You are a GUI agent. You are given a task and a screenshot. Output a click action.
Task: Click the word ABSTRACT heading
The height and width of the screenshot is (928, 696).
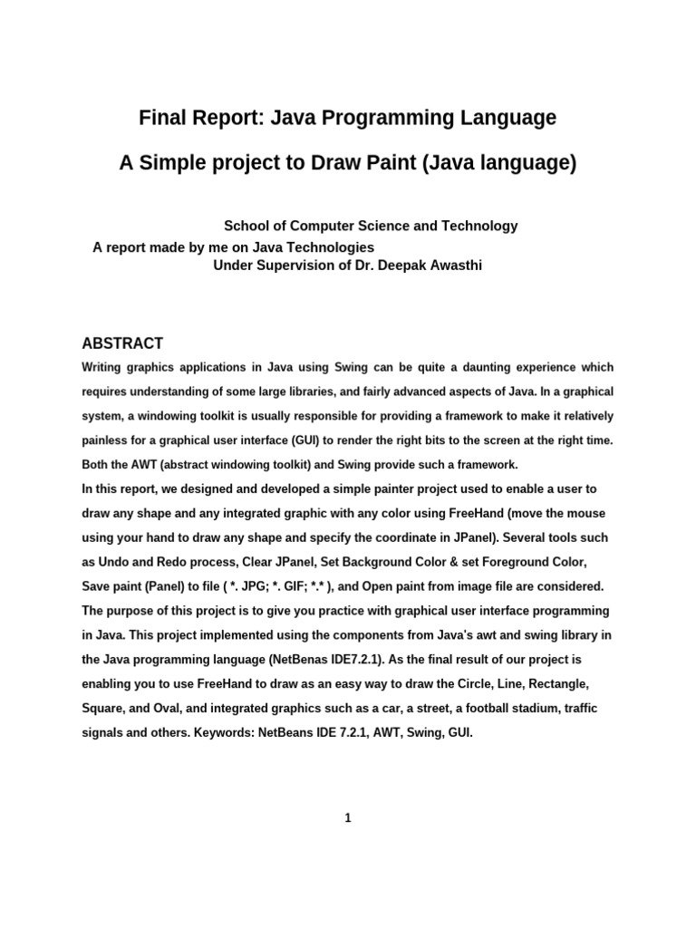(122, 343)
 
